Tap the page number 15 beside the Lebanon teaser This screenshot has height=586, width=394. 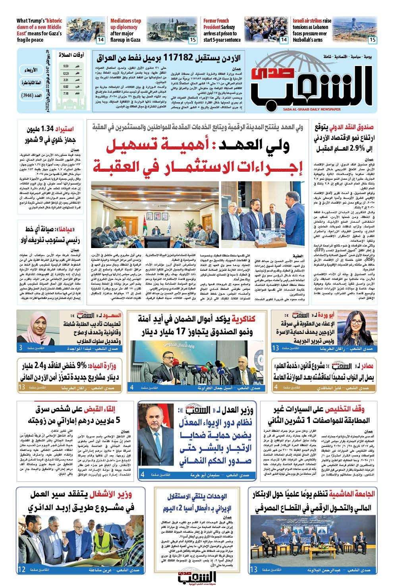(372, 40)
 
